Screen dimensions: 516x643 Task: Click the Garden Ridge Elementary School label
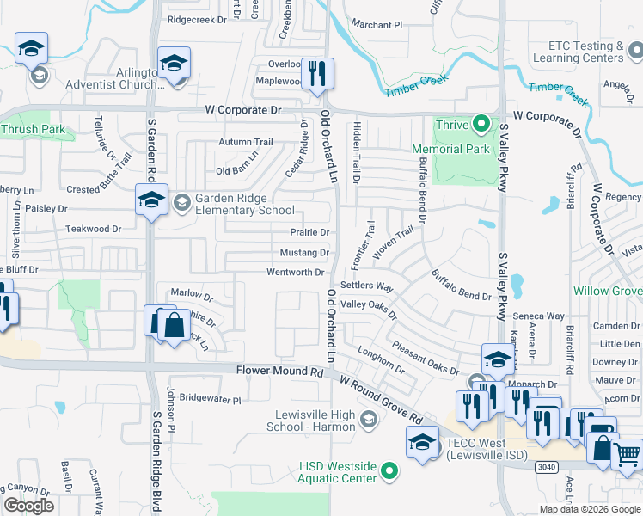click(x=245, y=203)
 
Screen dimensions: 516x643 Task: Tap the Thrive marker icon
click(x=481, y=125)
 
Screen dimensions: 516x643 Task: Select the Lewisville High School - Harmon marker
click(x=369, y=420)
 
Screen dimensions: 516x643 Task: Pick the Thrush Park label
click(x=33, y=130)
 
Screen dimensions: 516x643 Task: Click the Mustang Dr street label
click(x=304, y=253)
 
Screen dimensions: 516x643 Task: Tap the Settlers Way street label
click(x=366, y=285)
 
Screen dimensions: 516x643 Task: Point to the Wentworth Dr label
click(x=295, y=273)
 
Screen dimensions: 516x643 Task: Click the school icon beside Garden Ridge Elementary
click(x=150, y=200)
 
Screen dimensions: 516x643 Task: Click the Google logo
click(x=28, y=506)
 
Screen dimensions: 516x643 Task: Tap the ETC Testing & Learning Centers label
click(x=590, y=52)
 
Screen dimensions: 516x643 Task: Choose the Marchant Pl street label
click(x=377, y=25)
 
